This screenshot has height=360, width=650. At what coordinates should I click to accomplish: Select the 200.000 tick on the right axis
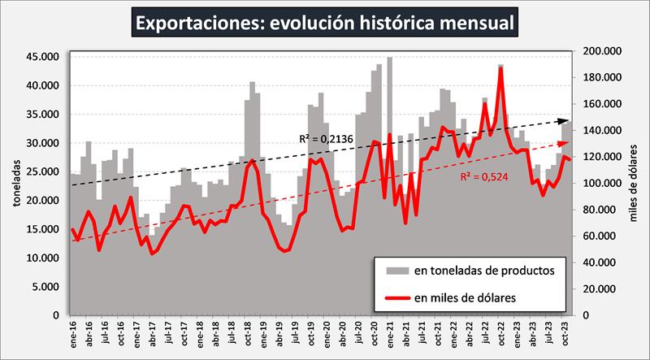coord(600,51)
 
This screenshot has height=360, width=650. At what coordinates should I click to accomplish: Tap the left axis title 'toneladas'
coord(15,184)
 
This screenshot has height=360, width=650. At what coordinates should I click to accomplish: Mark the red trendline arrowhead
coord(566,143)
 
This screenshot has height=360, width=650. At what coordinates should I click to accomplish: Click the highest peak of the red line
coord(500,68)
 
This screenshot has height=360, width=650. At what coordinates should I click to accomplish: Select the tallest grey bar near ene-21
coord(390,59)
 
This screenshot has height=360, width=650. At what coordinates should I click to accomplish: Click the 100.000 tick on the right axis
coord(600,183)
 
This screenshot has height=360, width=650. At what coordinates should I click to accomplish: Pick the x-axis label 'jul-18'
coord(232,334)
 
